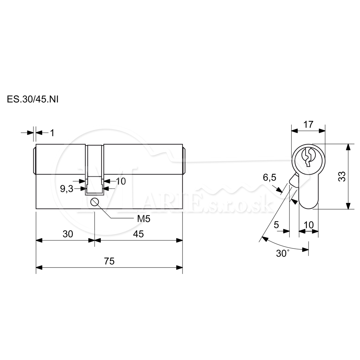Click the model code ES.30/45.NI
pos(33,99)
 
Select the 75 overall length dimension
pos(109,261)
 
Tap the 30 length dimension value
pos(68,234)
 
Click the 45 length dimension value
pos(138,234)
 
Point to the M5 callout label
pos(144,219)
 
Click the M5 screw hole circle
pos(95,202)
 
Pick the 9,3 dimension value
pos(67,189)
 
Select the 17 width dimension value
pos(309,125)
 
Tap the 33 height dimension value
pos(342,176)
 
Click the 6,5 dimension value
pos(270,177)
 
